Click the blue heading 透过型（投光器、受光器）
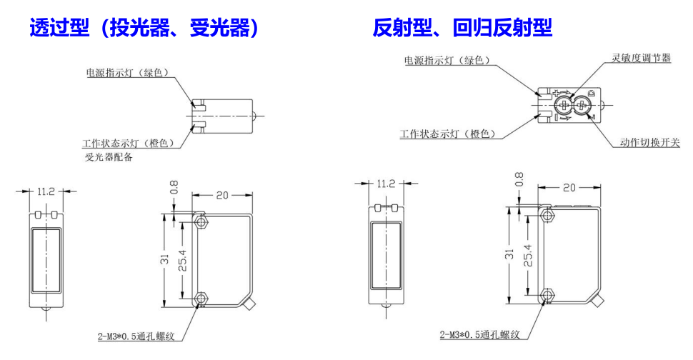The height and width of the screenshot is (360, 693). tap(144, 28)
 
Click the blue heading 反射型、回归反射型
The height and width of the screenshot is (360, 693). tap(462, 28)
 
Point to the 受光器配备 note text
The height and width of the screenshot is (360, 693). tap(109, 158)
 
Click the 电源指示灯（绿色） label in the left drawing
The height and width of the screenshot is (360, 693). tap(128, 72)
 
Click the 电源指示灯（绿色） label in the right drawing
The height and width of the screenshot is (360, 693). tap(447, 61)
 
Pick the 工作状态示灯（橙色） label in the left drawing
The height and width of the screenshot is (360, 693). tap(129, 143)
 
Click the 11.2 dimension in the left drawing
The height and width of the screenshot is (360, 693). tap(46, 191)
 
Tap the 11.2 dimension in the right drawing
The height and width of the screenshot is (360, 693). tap(385, 184)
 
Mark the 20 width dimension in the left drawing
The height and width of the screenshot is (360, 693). tap(221, 195)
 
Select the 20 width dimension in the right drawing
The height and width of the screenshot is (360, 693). tap(569, 187)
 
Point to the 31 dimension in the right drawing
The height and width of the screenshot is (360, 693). tap(509, 254)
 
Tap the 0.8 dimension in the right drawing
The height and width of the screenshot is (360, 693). tap(519, 179)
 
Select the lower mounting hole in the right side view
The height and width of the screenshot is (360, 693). tap(548, 294)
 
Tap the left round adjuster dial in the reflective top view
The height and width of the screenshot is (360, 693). tap(564, 106)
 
